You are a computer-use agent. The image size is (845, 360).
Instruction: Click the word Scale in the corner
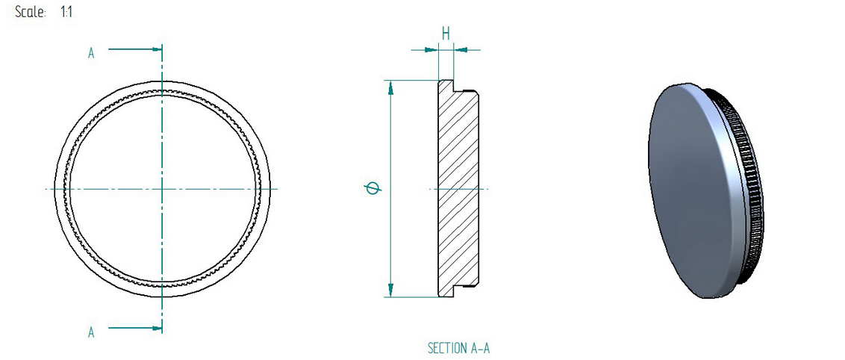tap(30, 12)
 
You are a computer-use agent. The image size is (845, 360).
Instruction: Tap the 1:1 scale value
tap(66, 12)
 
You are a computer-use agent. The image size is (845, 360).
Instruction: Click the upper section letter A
tap(91, 53)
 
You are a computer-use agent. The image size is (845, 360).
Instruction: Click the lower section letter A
tap(91, 332)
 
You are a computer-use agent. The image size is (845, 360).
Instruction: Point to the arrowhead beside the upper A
tap(157, 49)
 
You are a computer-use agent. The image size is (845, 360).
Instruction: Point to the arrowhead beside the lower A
tap(157, 328)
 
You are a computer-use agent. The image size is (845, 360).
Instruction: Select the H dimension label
tap(446, 34)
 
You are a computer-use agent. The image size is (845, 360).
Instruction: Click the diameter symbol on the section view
tap(372, 189)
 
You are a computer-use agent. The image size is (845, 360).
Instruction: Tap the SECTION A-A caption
tap(458, 348)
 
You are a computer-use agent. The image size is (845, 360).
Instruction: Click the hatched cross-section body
tap(458, 189)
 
